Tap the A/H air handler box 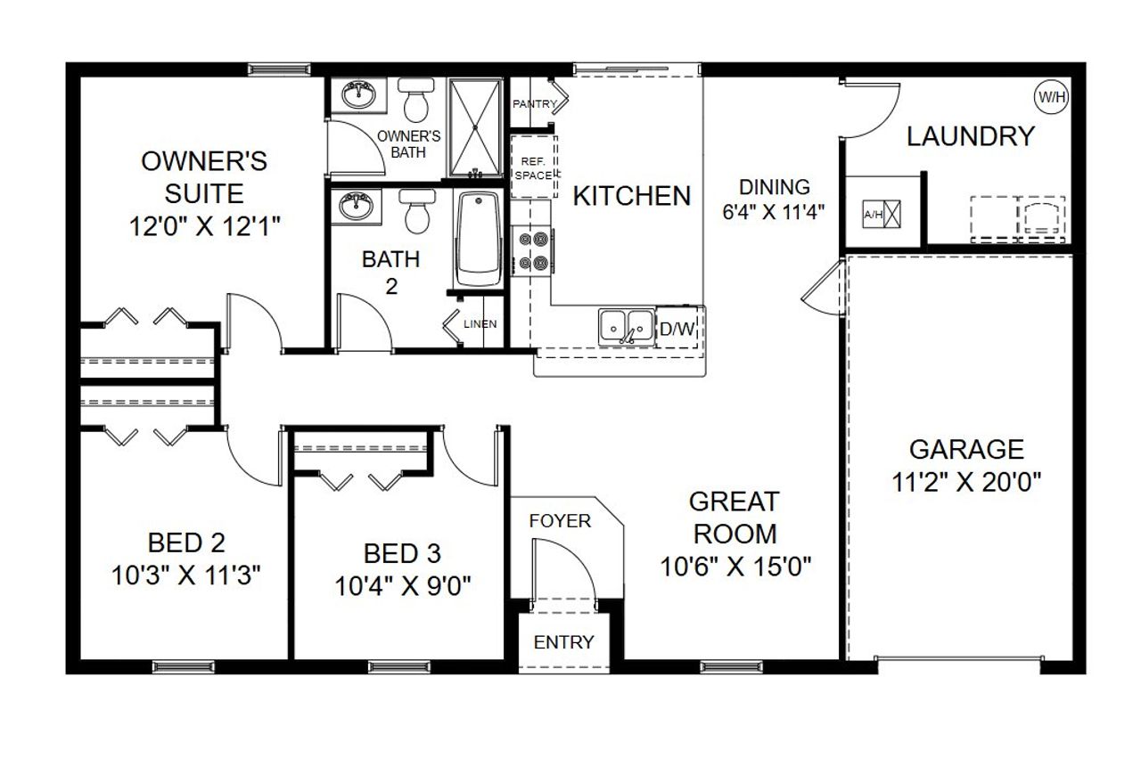(882, 215)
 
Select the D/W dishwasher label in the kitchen (677, 329)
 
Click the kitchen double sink (626, 327)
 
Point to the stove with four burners (533, 251)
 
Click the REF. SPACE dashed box (534, 168)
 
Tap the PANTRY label (534, 104)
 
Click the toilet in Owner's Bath (415, 101)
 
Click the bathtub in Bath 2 (480, 241)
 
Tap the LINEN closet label (480, 323)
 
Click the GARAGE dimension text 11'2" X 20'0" (966, 482)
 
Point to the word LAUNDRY (970, 136)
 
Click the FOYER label (560, 520)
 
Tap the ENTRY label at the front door (563, 642)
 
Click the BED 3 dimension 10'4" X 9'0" (403, 586)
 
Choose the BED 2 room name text (186, 542)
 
